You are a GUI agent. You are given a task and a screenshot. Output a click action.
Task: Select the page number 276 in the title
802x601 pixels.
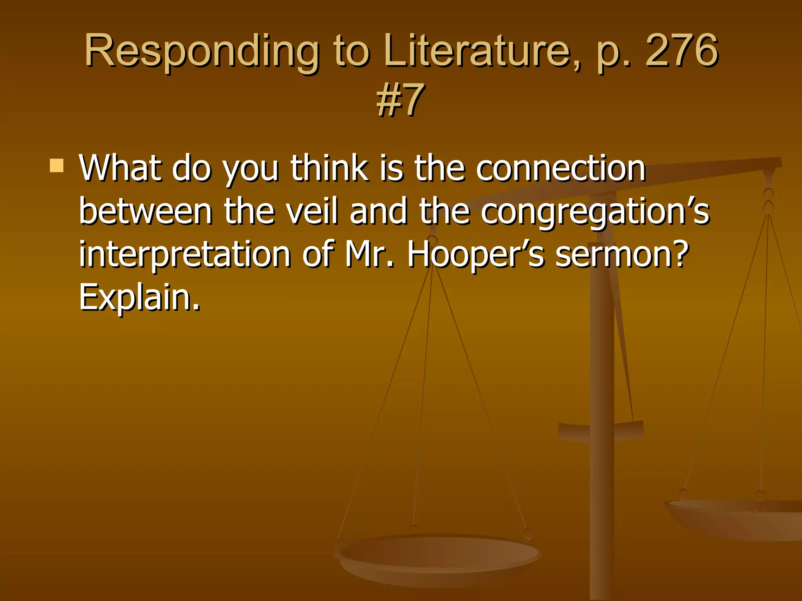[681, 51]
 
